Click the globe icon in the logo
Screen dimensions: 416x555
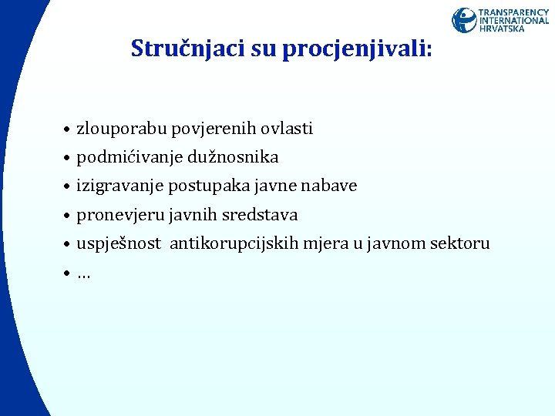[464, 20]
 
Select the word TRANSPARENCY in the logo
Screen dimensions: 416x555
[514, 12]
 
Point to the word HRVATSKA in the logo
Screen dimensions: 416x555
[502, 29]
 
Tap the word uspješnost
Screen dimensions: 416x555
[119, 243]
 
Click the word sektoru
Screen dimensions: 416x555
[459, 243]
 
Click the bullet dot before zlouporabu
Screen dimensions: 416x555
[68, 129]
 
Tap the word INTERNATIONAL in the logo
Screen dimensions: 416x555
[514, 21]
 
